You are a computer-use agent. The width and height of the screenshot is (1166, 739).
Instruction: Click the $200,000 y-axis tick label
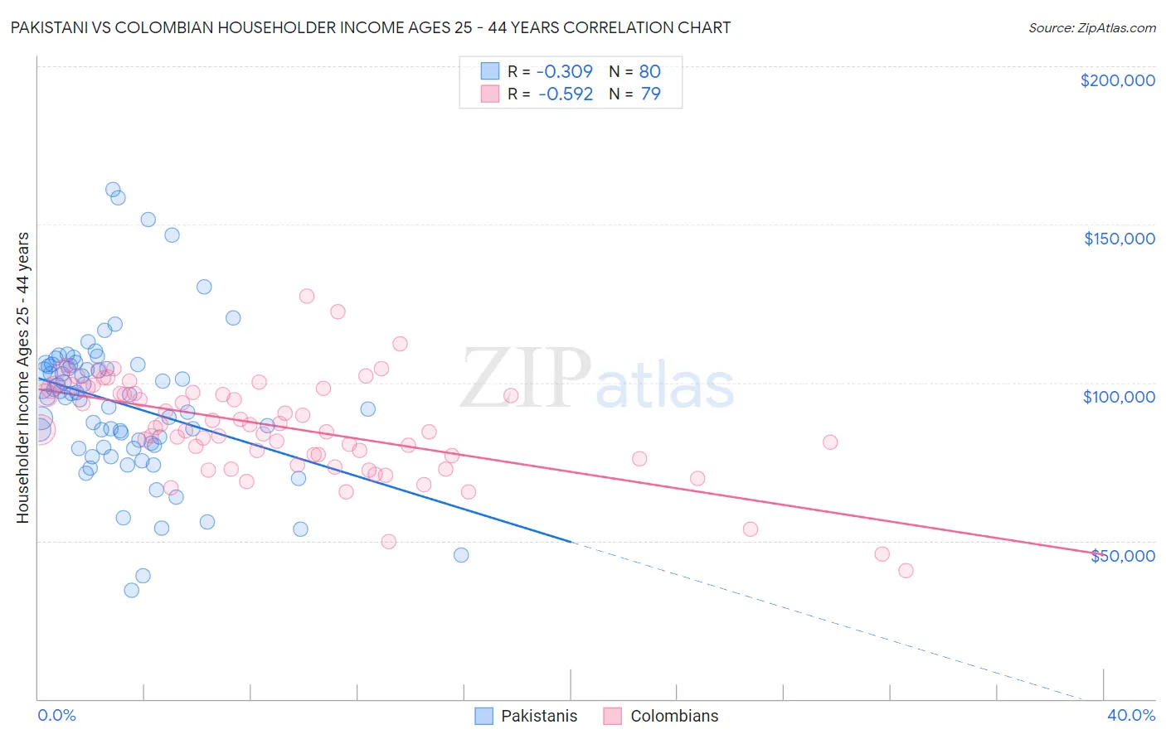(1117, 80)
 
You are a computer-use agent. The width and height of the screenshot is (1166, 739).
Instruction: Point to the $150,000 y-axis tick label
(1119, 239)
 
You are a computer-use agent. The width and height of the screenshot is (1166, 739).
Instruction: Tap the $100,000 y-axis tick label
(1119, 397)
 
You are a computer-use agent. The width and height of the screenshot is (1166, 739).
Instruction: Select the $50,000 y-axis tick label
(1122, 556)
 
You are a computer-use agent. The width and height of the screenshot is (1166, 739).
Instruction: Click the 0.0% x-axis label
(56, 715)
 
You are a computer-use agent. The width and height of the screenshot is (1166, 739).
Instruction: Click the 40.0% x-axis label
(1130, 715)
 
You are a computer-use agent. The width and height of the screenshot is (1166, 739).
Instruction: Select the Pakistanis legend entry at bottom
(526, 716)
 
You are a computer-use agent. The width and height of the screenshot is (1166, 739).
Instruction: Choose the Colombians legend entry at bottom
(660, 716)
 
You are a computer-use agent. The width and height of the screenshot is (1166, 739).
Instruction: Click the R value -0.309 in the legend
(565, 72)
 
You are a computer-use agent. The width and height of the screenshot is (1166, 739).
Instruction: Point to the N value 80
(649, 72)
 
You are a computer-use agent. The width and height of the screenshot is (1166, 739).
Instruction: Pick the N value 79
(650, 94)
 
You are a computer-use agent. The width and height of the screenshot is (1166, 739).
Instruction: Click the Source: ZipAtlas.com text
(1091, 27)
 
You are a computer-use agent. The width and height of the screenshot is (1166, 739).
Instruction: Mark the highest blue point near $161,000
(113, 190)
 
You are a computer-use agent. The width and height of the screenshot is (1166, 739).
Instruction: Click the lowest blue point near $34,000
(131, 591)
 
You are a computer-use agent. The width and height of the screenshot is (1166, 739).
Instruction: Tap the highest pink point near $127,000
(307, 296)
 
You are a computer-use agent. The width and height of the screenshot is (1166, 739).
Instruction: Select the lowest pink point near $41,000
(906, 571)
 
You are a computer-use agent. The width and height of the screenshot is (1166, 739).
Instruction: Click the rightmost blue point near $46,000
(461, 555)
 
